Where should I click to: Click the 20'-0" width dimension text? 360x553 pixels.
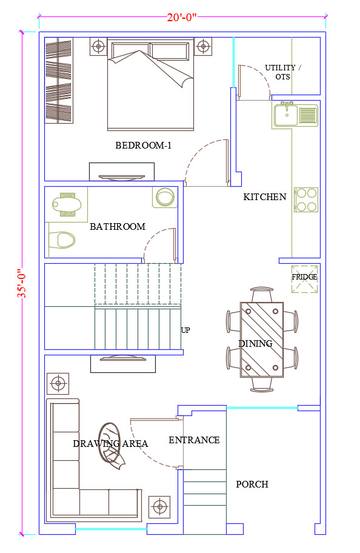(182, 17)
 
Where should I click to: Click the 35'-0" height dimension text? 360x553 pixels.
(22, 283)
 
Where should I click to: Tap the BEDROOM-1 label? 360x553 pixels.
(143, 146)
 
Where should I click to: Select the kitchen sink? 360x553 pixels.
(295, 115)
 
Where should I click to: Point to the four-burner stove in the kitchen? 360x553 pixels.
(306, 199)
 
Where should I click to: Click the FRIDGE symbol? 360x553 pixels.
(304, 279)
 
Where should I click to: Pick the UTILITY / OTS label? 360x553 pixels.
(283, 72)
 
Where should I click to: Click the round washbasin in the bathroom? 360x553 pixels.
(165, 197)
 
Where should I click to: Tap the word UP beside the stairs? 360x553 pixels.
(185, 330)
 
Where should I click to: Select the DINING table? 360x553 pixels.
(262, 340)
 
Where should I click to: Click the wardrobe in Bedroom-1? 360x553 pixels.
(59, 81)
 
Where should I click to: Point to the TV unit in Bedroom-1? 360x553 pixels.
(122, 172)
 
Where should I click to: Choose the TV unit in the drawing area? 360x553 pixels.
(123, 364)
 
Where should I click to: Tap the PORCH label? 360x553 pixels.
(252, 484)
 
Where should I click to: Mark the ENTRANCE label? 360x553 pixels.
(195, 440)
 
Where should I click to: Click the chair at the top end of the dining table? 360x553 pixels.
(262, 295)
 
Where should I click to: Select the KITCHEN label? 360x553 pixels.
(265, 197)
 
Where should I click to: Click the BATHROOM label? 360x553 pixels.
(118, 226)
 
